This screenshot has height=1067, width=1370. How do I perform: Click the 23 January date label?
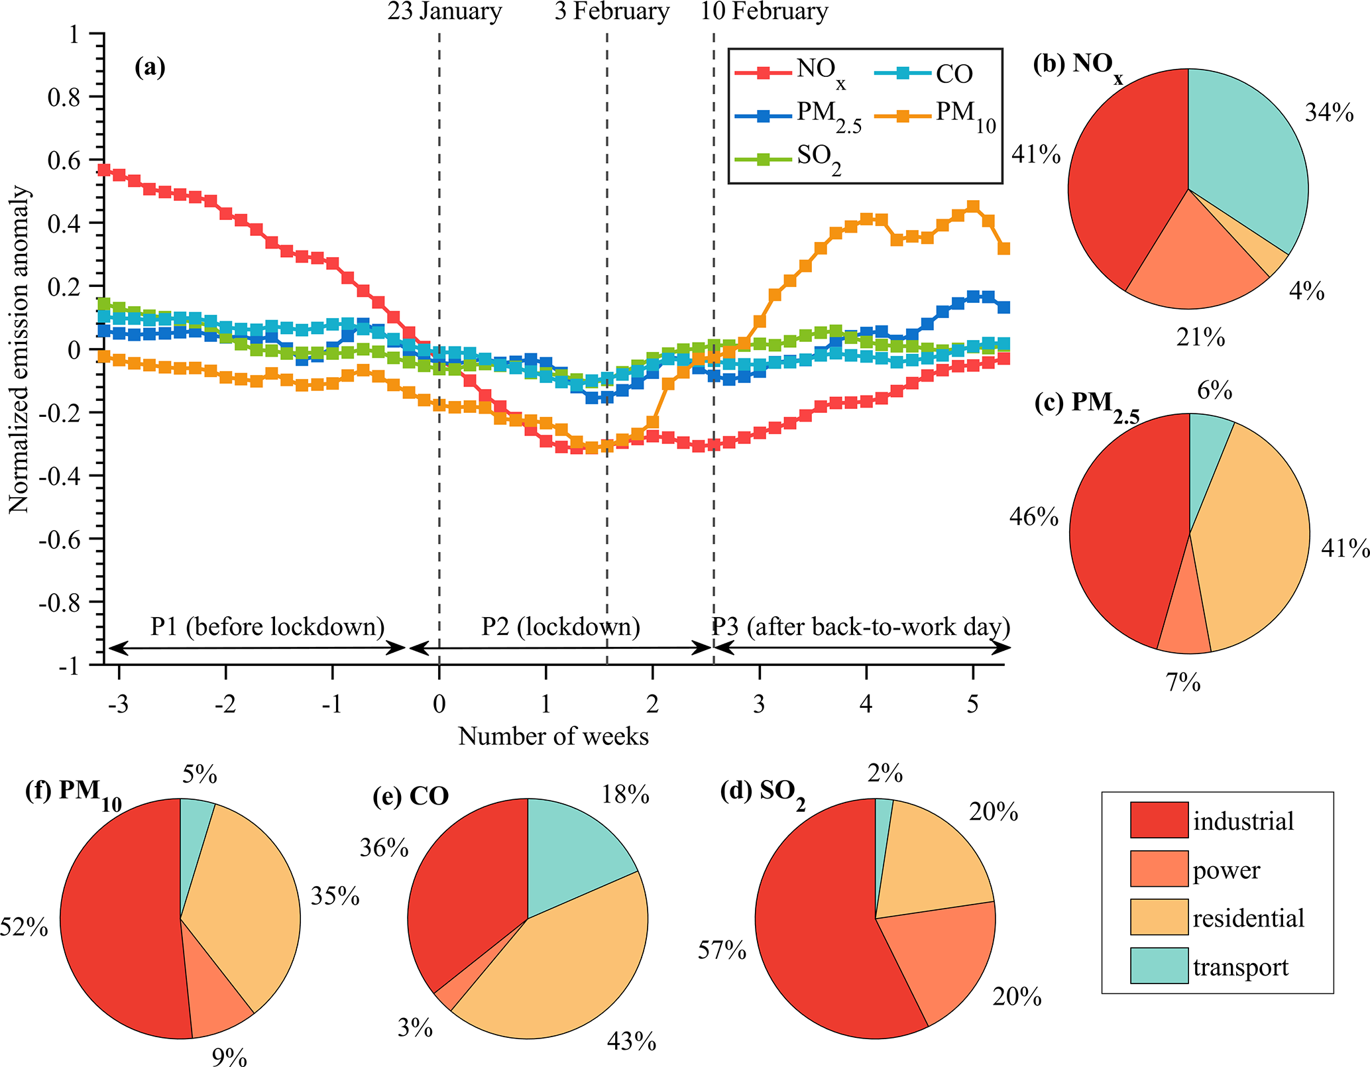point(444,12)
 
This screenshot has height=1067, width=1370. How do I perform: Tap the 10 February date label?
point(764,12)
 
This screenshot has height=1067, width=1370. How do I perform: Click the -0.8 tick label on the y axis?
point(58,603)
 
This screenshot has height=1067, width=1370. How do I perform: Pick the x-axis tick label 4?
point(866,704)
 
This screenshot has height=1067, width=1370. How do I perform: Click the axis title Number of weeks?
point(553,736)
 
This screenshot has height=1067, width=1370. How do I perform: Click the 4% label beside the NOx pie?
point(1306,291)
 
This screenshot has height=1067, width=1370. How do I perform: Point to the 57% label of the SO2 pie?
point(722,950)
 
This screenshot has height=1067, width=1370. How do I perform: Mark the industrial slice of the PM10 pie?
point(119,928)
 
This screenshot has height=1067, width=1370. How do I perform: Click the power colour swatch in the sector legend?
point(1159,869)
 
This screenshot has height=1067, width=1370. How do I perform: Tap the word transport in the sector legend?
point(1241,967)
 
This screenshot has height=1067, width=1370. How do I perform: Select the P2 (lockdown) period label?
point(561,626)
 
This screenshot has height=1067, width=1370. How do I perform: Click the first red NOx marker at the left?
point(104,170)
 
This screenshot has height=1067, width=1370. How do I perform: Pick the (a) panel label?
point(150,67)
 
